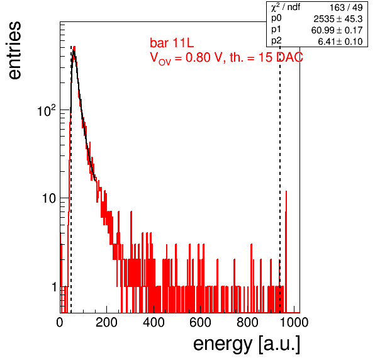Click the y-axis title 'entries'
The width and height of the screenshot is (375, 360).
pyautogui.click(x=15, y=50)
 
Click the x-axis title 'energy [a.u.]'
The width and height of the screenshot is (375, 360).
pyautogui.click(x=247, y=344)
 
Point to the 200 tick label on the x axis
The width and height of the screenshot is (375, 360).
pyautogui.click(x=106, y=322)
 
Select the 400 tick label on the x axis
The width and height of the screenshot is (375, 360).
pyautogui.click(x=154, y=322)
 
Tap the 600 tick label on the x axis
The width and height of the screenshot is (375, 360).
pyautogui.click(x=201, y=322)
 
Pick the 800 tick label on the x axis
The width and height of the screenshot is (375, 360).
pyautogui.click(x=247, y=322)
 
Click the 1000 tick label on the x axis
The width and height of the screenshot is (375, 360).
pyautogui.click(x=294, y=322)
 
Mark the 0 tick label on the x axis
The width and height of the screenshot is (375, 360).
pyautogui.click(x=60, y=322)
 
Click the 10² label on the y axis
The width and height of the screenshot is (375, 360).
pyautogui.click(x=47, y=111)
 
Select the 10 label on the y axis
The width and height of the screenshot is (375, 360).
pyautogui.click(x=49, y=198)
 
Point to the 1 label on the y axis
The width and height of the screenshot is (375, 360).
pyautogui.click(x=54, y=287)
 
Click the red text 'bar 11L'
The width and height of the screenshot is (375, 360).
pyautogui.click(x=172, y=43)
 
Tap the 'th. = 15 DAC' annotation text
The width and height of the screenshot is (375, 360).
pyautogui.click(x=266, y=57)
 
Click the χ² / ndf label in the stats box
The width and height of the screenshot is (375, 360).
pyautogui.click(x=286, y=7)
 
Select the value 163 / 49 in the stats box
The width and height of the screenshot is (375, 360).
pyautogui.click(x=346, y=8)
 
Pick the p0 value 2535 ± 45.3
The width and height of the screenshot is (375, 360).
pyautogui.click(x=338, y=19)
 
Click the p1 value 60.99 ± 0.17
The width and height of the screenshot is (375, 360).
pyautogui.click(x=337, y=30)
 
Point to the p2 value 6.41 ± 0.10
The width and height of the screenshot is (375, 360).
pyautogui.click(x=340, y=42)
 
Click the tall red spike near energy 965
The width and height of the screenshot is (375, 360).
pyautogui.click(x=286, y=251)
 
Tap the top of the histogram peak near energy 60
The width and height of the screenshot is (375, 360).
pyautogui.click(x=74, y=47)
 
